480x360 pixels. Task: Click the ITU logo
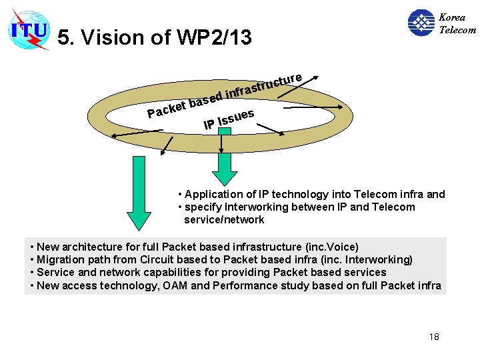29,30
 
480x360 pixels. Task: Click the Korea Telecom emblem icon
421,23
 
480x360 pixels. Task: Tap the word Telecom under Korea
457,29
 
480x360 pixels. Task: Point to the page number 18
433,337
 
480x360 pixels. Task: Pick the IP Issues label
228,119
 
